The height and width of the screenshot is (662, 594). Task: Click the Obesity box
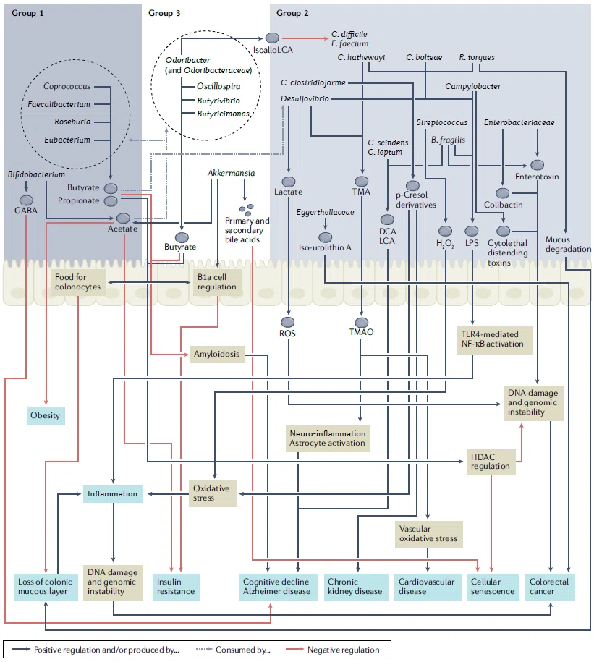46,415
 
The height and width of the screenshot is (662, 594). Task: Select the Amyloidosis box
216,355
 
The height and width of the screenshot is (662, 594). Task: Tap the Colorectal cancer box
550,587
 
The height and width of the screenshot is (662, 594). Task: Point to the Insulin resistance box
176,587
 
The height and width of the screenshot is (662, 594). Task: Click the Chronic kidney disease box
356,587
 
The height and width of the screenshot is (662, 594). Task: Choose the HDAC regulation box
491,462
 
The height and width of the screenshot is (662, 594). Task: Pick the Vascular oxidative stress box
428,534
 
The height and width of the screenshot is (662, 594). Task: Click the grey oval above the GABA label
26,200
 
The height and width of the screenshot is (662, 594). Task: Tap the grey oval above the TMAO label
361,323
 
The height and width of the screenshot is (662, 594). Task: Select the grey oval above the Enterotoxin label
537,165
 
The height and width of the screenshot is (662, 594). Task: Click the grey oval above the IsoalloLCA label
272,38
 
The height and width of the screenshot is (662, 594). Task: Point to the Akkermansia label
231,173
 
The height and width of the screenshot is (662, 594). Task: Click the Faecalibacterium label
59,104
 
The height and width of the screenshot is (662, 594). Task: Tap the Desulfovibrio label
305,98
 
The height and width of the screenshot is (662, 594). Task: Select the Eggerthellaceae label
325,212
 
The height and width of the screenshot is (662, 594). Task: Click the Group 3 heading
164,13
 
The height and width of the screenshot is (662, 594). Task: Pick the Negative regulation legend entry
333,650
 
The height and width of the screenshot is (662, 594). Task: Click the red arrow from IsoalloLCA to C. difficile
305,38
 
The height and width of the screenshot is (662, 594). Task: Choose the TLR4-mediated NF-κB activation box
494,339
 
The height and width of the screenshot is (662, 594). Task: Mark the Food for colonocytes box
78,281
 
